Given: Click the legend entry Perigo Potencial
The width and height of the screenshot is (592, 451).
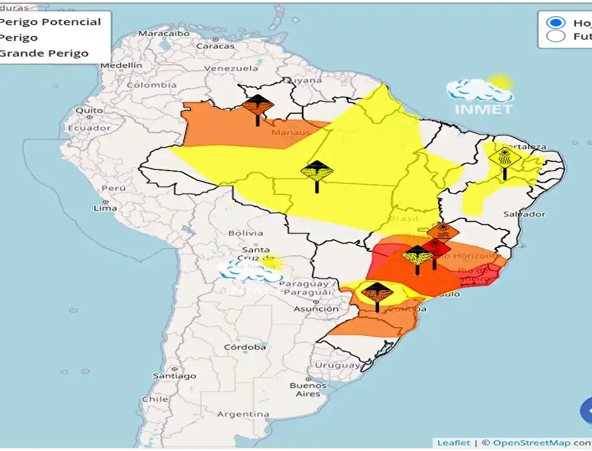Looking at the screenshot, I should [50, 22].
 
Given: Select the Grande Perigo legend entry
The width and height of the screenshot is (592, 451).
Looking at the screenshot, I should [44, 53].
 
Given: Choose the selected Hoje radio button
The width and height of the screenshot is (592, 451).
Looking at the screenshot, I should [556, 23].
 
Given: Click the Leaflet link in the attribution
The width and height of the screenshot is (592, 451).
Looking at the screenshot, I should [453, 442].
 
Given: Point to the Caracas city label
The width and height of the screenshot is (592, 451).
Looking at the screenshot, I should [216, 46].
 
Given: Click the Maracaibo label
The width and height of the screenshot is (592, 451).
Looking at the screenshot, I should [164, 34].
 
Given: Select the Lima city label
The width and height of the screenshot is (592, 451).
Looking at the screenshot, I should [106, 208].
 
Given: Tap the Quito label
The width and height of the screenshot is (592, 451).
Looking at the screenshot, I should [89, 110].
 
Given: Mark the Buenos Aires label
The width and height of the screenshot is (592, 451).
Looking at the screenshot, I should [308, 390].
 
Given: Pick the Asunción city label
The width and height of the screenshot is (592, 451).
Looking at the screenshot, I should [316, 309].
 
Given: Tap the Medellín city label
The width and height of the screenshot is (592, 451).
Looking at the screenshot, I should [121, 65].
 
